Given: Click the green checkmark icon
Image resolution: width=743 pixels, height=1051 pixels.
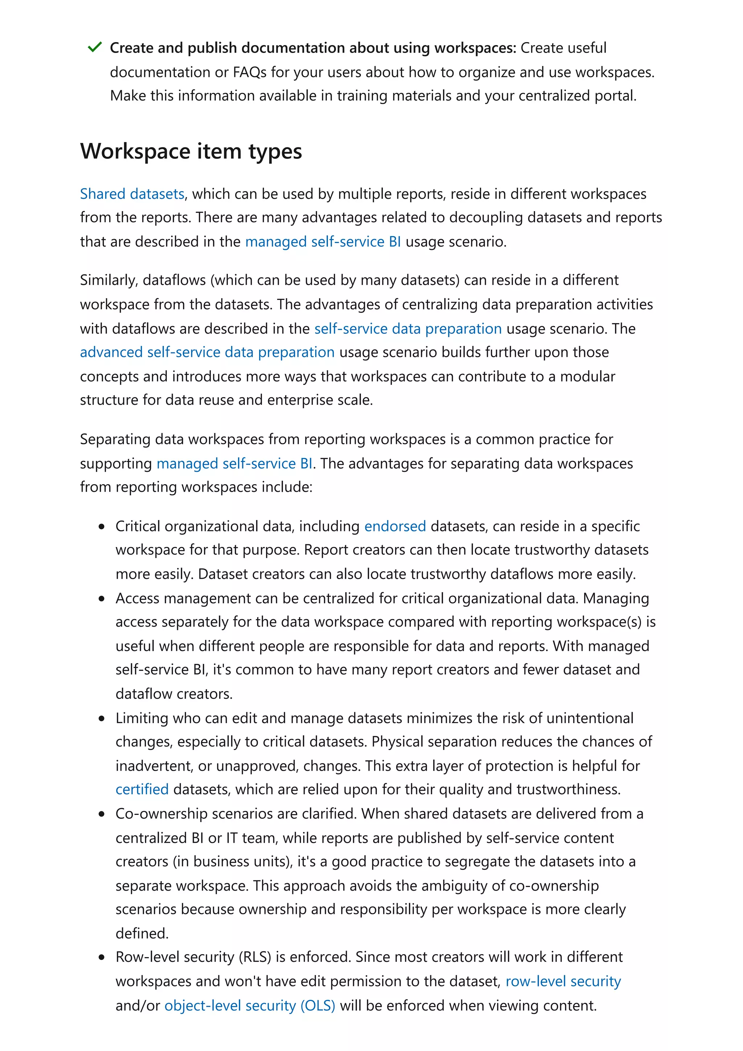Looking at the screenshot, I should (94, 47).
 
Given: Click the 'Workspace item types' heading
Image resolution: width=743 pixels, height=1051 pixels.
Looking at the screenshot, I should (191, 151).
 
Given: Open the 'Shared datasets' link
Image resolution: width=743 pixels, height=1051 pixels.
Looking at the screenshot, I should (132, 194).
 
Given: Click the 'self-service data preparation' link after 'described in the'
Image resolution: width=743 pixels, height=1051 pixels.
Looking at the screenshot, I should (407, 328).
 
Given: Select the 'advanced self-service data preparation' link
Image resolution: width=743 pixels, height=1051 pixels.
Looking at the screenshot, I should (207, 352).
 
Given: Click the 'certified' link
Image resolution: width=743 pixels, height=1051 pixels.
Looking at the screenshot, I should (142, 789).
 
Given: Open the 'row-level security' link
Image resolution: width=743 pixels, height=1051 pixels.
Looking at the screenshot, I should (563, 981).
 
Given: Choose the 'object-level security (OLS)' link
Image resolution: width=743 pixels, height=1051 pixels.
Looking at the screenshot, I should (250, 1005).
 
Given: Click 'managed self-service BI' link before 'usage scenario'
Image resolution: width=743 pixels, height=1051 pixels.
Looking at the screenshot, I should (323, 241).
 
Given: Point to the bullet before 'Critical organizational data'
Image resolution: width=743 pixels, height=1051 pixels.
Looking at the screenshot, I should (102, 527).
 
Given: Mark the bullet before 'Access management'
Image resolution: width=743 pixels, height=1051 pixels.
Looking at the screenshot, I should (102, 599).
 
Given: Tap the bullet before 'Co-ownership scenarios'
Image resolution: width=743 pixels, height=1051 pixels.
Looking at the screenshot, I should (102, 814).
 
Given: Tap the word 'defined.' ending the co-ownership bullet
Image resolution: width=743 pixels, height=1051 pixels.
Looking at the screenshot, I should (142, 933).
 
